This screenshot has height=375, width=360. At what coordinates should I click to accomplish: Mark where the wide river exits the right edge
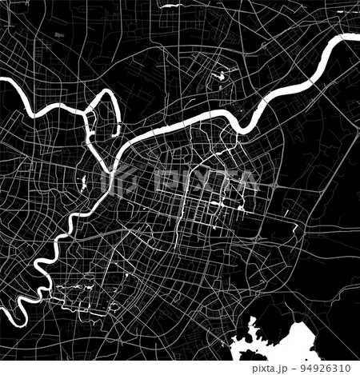click(x=355, y=38)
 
